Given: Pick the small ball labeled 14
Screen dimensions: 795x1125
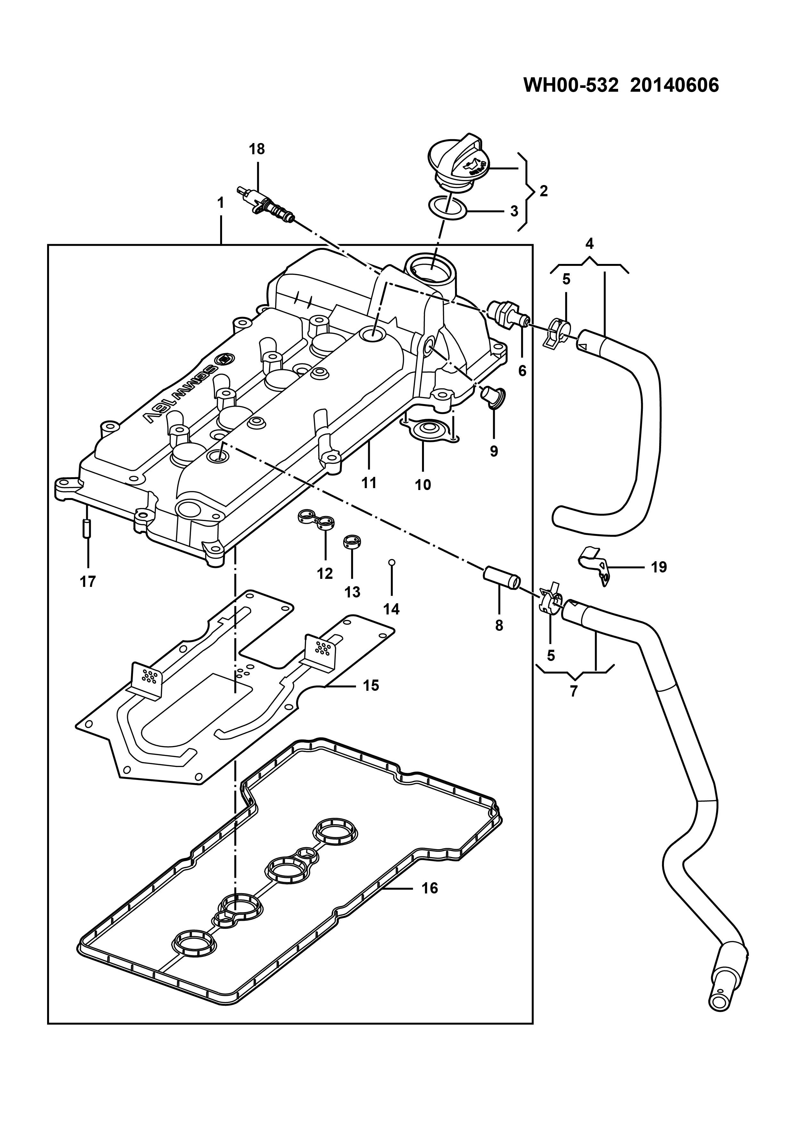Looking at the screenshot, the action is [391, 562].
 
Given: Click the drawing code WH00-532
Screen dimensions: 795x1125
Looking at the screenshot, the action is [568, 85].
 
